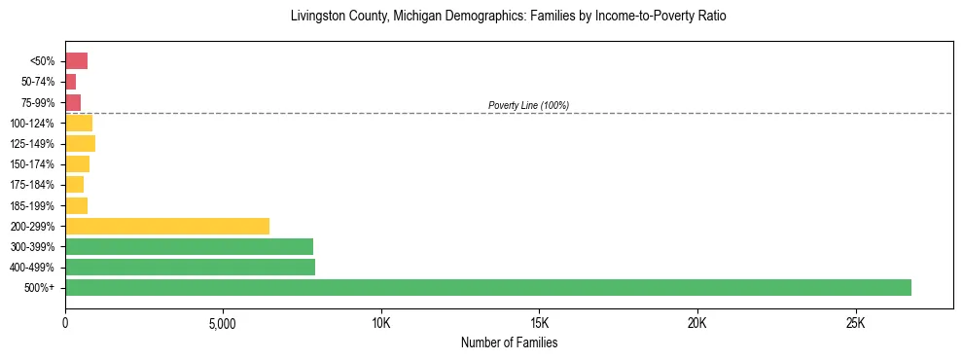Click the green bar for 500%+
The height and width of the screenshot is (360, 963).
(x=487, y=287)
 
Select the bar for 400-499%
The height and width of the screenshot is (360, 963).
(x=190, y=267)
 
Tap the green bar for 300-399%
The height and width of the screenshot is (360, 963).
(x=189, y=246)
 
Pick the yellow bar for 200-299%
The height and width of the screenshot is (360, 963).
(x=166, y=226)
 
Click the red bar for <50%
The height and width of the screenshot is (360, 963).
(x=76, y=61)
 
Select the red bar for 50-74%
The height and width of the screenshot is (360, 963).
(x=70, y=82)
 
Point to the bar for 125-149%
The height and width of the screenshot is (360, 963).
(x=80, y=144)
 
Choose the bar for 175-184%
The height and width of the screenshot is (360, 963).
(x=74, y=185)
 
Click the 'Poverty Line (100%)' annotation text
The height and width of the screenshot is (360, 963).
(x=528, y=105)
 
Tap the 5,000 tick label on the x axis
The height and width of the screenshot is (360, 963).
(x=223, y=323)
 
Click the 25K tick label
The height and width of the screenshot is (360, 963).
(x=856, y=323)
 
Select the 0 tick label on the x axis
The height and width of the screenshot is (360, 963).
(x=65, y=323)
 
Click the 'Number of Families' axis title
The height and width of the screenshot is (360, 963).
(x=509, y=342)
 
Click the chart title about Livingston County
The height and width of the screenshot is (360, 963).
(x=508, y=17)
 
